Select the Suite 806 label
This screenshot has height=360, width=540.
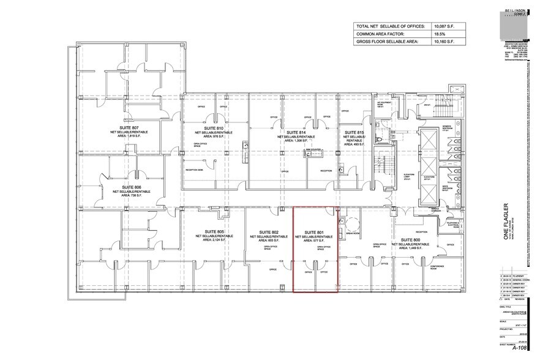click(131, 187)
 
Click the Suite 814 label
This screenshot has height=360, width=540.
click(296, 133)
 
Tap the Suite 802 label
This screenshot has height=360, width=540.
click(269, 232)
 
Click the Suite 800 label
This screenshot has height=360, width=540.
click(410, 239)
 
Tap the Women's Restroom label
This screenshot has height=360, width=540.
click(446, 129)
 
